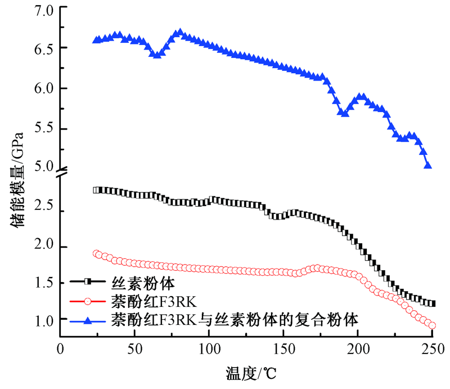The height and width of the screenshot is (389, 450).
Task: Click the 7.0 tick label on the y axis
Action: click(43, 10)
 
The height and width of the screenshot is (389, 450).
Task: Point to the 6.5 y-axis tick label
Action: click(43, 48)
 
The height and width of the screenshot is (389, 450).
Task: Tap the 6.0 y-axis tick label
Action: click(43, 89)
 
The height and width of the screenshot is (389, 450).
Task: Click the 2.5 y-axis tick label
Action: click(43, 211)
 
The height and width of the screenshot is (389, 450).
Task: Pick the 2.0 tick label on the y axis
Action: click(43, 247)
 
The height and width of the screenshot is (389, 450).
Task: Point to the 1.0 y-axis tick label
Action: click(43, 320)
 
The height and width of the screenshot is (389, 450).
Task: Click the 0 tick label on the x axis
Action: click(61, 347)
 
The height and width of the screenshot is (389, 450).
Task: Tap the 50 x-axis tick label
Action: click(134, 347)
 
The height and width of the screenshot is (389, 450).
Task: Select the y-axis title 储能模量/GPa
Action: click(16, 179)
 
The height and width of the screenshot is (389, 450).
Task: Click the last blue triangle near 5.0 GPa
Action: click(428, 166)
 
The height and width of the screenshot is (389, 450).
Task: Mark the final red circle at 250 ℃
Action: click(432, 325)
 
